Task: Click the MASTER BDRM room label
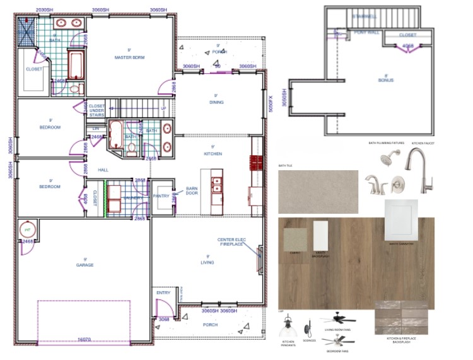coord(130,57)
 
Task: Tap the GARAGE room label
coord(85,265)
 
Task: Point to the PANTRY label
coord(161,197)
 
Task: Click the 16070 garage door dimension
coord(85,339)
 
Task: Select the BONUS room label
coord(386,80)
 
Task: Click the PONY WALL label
coord(366,32)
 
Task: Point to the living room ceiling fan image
coord(337,318)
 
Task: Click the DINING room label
coord(216,102)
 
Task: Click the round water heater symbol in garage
coord(28,231)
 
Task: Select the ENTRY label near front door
coord(163,293)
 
